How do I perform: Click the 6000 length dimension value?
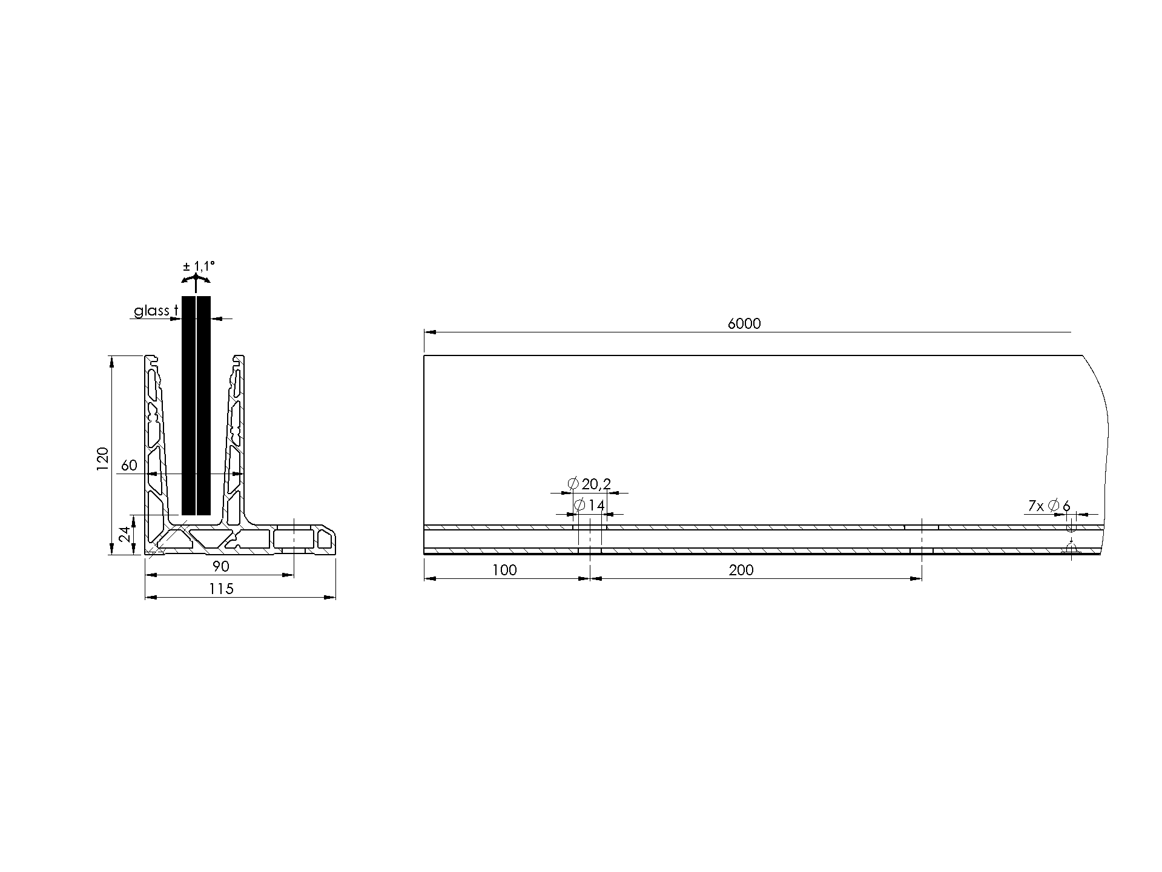pos(744,323)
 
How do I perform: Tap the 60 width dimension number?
pos(130,465)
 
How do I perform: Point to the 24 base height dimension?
pos(124,533)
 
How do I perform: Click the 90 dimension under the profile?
pos(222,566)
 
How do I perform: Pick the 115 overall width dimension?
pos(222,588)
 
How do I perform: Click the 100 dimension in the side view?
pos(504,570)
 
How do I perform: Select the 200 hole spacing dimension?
pos(741,570)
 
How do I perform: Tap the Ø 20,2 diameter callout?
pos(589,484)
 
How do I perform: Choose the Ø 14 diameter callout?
pos(589,505)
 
